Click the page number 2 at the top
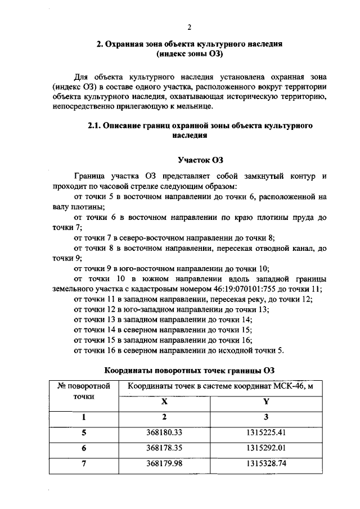[189, 27]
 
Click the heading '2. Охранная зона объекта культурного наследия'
[189, 43]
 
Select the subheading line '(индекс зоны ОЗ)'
[189, 54]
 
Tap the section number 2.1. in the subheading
[95, 126]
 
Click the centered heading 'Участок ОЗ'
[189, 160]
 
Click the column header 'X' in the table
[165, 402]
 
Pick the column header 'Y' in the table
[267, 402]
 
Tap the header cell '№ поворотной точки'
[84, 391]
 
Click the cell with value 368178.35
[165, 449]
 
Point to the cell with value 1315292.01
[267, 449]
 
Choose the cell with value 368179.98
[165, 465]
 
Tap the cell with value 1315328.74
[267, 465]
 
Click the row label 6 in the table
[84, 449]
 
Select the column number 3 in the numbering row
[267, 417]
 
